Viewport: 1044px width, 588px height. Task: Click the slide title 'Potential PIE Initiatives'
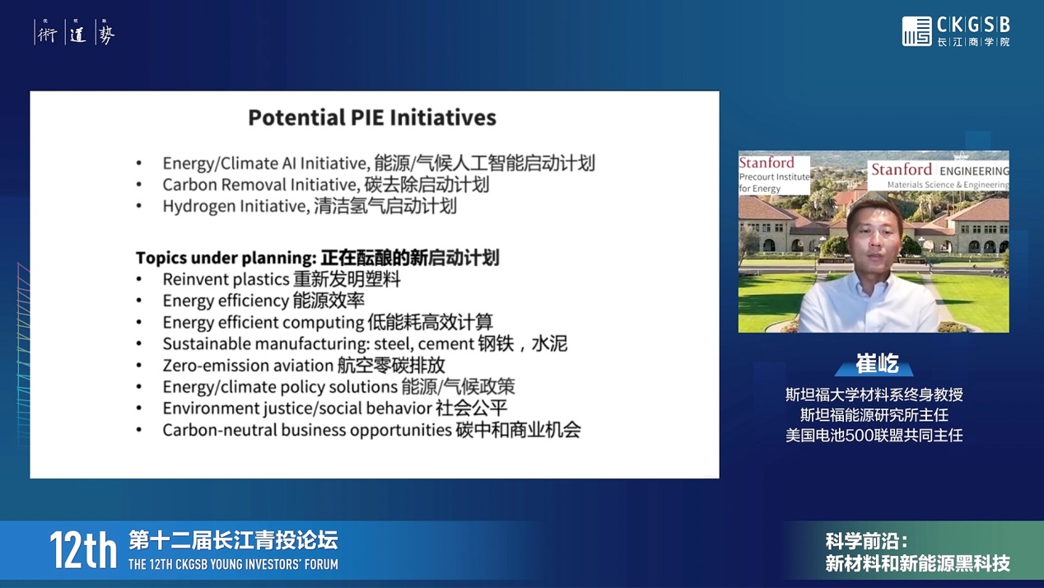click(372, 118)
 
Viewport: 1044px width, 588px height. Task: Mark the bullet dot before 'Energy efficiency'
click(139, 301)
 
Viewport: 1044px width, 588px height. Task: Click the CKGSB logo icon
click(916, 31)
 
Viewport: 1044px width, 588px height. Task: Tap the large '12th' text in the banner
click(83, 551)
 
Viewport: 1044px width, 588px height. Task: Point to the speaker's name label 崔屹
click(877, 364)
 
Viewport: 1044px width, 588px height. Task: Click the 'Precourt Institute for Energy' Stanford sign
click(774, 175)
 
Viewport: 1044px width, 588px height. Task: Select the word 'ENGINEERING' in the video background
click(974, 171)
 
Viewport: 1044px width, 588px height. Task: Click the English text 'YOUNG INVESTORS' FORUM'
click(274, 565)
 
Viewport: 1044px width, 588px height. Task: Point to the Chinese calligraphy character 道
click(77, 34)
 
